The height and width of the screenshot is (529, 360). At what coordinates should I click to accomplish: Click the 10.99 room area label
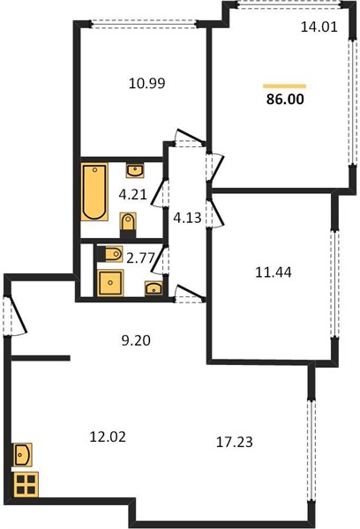click(146, 84)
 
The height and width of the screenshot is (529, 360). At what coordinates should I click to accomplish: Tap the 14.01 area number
click(319, 27)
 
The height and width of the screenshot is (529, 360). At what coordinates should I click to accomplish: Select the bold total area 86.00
click(285, 99)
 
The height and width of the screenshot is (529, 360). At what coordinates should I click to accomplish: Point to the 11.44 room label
click(274, 272)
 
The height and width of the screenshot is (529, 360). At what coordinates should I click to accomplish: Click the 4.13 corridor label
click(187, 218)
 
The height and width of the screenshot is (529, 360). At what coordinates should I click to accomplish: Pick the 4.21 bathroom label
click(132, 195)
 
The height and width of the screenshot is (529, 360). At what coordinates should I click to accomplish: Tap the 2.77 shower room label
click(140, 258)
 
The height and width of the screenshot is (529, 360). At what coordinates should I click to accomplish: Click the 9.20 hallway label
click(136, 340)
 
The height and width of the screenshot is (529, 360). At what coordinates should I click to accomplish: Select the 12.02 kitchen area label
click(108, 437)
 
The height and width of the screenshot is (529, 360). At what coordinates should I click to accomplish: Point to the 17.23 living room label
click(235, 442)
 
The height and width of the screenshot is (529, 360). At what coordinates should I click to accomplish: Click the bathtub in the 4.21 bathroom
click(94, 191)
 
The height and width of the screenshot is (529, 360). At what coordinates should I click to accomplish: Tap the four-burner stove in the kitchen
click(26, 484)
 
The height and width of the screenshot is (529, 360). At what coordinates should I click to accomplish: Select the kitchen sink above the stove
click(23, 455)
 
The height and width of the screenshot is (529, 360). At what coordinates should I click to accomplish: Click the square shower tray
click(110, 283)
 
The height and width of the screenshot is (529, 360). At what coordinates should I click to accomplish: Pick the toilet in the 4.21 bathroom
click(128, 224)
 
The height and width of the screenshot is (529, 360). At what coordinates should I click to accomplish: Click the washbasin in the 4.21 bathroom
click(135, 171)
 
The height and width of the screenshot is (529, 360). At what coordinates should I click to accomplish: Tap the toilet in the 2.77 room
click(110, 254)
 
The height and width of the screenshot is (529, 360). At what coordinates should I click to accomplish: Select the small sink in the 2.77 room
click(154, 288)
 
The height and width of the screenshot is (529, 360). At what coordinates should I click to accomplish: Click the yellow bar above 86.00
click(284, 86)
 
